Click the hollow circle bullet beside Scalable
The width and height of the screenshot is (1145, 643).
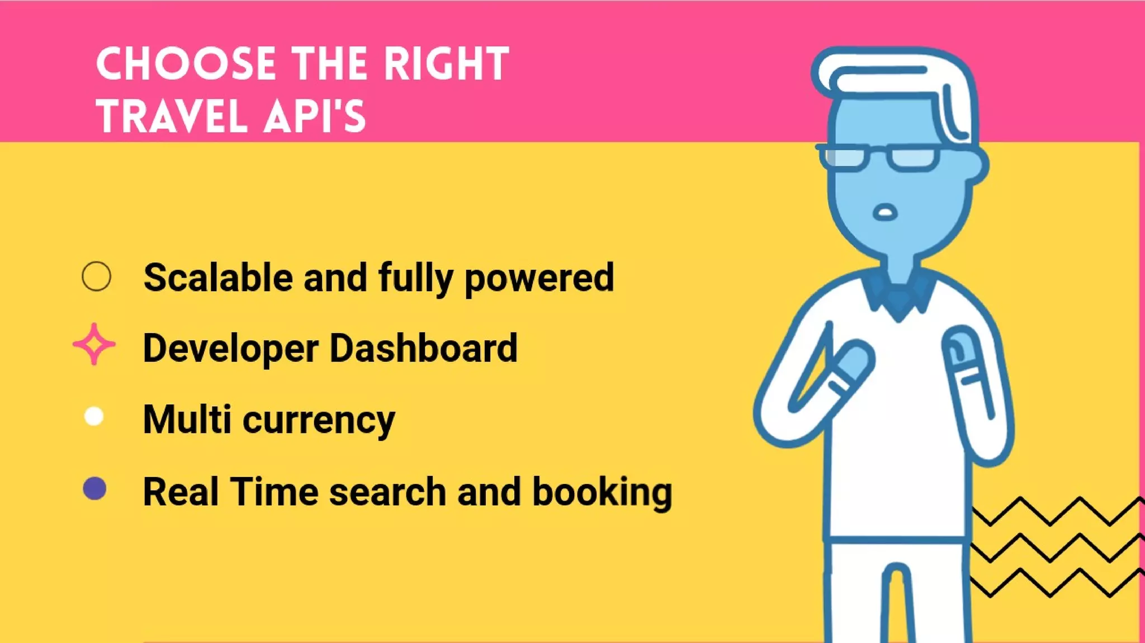pyautogui.click(x=96, y=276)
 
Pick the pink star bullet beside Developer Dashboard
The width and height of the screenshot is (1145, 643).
pyautogui.click(x=94, y=344)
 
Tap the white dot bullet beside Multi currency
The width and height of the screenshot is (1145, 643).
pyautogui.click(x=94, y=416)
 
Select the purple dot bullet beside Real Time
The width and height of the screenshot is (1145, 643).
pyautogui.click(x=94, y=488)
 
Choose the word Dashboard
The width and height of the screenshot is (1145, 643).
pyautogui.click(x=423, y=348)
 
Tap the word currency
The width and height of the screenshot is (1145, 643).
pyautogui.click(x=319, y=421)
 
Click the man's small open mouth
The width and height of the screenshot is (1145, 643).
pyautogui.click(x=885, y=213)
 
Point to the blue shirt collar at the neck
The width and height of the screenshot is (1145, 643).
pyautogui.click(x=898, y=296)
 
